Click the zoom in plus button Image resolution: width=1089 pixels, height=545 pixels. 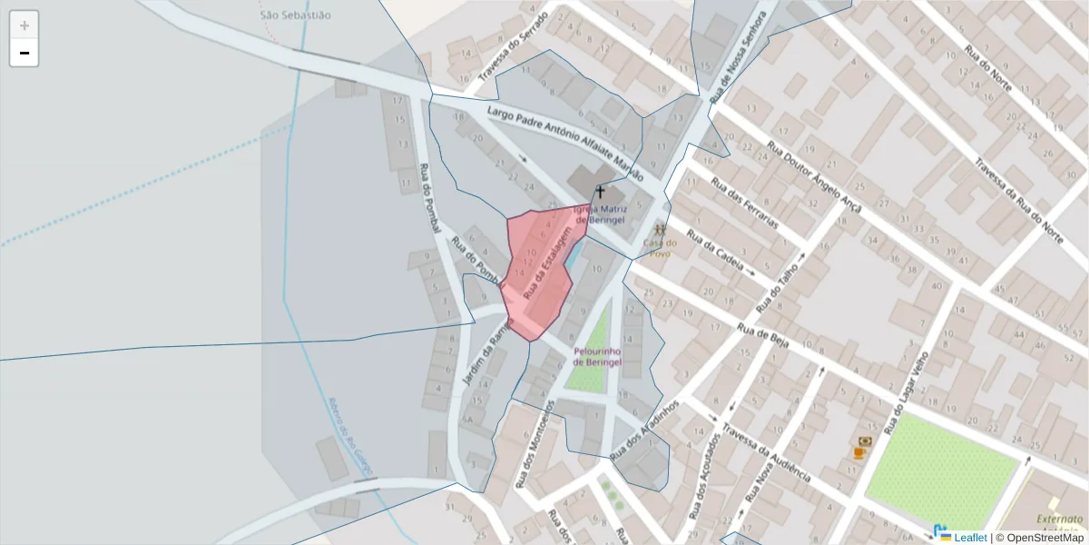[25, 25]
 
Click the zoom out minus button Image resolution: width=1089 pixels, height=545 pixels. [25, 53]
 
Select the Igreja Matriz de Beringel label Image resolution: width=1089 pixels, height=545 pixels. [600, 214]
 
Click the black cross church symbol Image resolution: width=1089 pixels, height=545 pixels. [599, 192]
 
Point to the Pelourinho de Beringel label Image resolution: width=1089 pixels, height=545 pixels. [597, 356]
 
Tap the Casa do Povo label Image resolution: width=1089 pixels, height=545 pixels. [660, 247]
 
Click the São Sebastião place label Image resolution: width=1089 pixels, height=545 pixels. [295, 15]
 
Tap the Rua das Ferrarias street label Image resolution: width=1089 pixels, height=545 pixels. [745, 203]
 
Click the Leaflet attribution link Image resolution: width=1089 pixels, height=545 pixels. [969, 537]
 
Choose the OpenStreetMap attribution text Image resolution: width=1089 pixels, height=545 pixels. [1044, 537]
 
